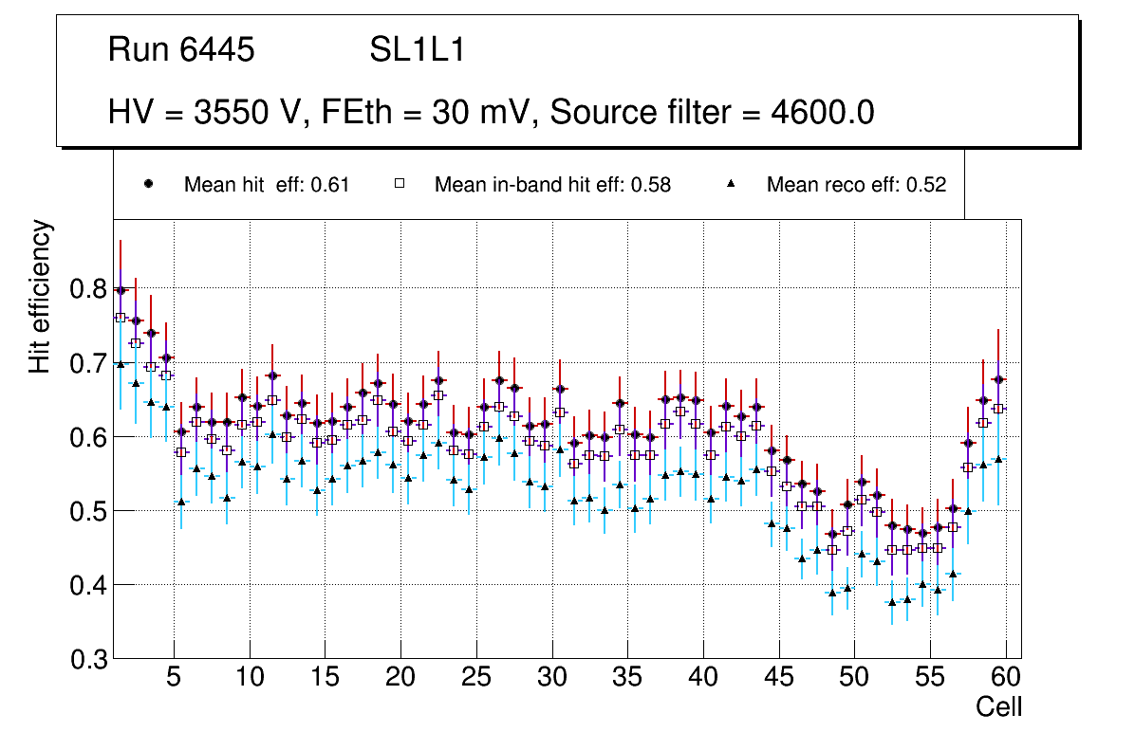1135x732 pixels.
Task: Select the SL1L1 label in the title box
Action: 417,50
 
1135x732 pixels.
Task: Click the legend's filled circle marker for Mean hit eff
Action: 148,184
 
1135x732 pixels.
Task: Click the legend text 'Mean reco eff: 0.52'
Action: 856,185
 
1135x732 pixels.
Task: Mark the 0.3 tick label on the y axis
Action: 90,660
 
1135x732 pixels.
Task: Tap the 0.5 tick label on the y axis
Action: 90,511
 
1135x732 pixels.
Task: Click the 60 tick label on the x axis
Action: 1006,679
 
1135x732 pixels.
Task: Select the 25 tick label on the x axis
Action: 476,679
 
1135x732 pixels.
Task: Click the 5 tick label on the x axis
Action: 174,679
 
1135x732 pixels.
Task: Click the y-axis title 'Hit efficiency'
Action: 40,296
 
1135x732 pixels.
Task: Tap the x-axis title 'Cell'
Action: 998,707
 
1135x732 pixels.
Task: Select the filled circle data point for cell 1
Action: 121,290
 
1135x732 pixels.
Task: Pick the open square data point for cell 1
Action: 121,318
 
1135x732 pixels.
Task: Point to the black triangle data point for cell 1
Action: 121,363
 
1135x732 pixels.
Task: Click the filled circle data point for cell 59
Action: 998,379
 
